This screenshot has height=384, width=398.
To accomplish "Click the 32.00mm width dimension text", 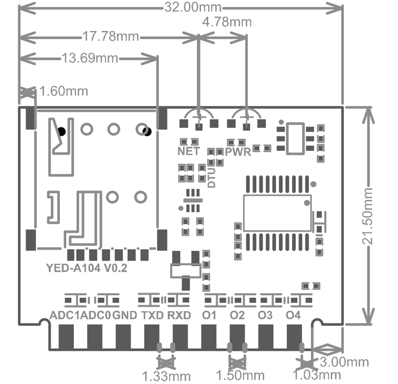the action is tap(193, 7).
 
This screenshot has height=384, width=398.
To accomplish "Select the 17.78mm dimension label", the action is tap(111, 36).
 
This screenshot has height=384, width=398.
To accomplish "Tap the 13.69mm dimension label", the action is tap(90, 58).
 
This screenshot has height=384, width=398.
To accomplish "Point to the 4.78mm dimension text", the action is tap(227, 22).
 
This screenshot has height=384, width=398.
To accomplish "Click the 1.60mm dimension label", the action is tap(64, 91).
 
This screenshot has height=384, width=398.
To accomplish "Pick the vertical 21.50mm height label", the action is tap(367, 216).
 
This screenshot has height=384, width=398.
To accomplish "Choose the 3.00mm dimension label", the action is tap(344, 362).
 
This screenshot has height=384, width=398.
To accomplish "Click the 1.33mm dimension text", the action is tap(166, 376).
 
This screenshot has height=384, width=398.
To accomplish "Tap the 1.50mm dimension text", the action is tap(240, 375).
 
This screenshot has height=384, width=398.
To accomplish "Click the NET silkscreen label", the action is tap(189, 151).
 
